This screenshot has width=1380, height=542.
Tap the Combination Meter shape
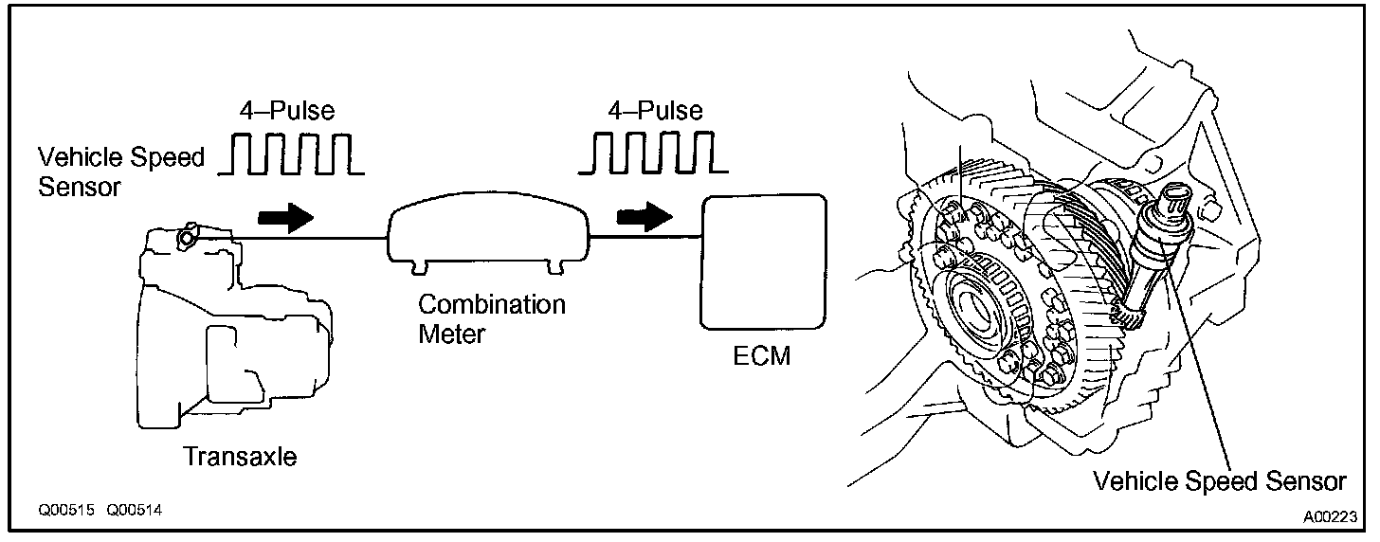point(489,237)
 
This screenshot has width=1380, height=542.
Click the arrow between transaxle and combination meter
point(286,217)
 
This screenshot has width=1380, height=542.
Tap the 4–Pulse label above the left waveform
point(286,111)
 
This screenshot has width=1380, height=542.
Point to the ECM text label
point(762,357)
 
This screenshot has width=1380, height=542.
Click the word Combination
point(492,305)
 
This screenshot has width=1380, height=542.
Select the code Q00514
point(134,510)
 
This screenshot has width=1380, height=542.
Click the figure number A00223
point(1330,517)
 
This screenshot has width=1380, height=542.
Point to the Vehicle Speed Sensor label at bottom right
point(1219,481)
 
